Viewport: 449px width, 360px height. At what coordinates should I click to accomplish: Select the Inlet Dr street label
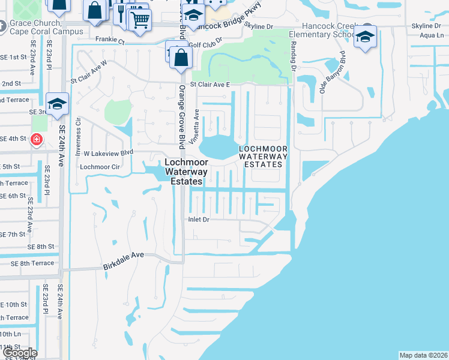197,220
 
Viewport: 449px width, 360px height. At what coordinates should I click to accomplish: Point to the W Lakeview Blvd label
108,153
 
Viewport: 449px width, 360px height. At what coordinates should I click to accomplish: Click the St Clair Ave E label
211,85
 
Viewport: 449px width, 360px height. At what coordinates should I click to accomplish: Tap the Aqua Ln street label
432,35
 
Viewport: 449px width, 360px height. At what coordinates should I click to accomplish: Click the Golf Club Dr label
205,38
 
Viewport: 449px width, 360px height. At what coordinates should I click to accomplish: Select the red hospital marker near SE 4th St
36,139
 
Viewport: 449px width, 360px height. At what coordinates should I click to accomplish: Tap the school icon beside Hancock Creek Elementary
364,38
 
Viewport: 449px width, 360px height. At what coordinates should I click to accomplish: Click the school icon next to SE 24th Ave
57,104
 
